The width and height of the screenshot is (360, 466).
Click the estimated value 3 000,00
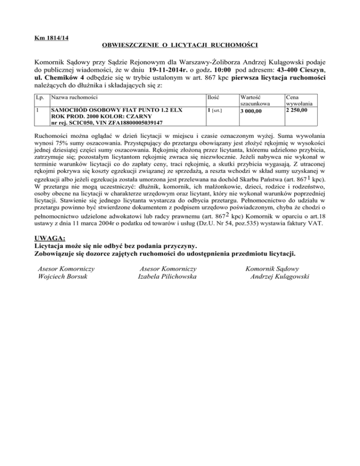tap(252, 111)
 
